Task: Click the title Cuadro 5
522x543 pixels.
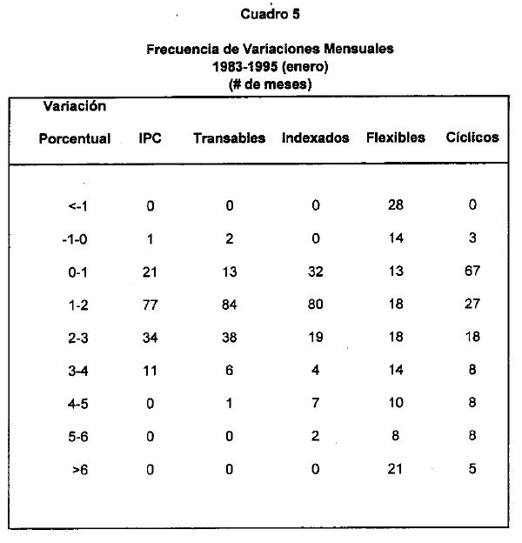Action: pos(271,15)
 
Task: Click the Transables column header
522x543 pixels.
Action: pos(230,138)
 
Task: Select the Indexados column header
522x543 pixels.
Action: pos(316,138)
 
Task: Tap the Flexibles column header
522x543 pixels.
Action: pos(396,137)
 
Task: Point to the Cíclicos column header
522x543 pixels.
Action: pos(472,137)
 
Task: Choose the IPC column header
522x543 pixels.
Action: pos(150,138)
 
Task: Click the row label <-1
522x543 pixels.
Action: pos(77,206)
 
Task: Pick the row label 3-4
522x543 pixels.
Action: pos(77,371)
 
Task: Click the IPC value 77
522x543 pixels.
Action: pos(150,305)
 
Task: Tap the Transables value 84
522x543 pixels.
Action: pos(229,305)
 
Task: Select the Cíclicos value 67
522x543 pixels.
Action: pos(472,271)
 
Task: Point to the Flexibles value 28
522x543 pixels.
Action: pos(396,204)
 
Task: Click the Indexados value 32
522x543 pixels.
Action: pos(315,271)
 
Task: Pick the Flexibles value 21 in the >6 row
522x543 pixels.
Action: pos(396,469)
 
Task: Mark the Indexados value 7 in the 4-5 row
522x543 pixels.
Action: pos(316,404)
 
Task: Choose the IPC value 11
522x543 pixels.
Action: pos(150,371)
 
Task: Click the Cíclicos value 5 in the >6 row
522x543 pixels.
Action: pos(472,469)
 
